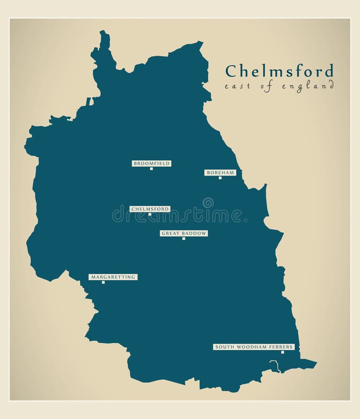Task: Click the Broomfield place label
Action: tap(152, 163)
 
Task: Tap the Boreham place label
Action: tap(220, 173)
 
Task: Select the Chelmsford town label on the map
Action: tap(150, 209)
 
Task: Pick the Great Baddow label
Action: tap(184, 233)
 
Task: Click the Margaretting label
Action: tap(113, 277)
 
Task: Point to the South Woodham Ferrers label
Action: tap(253, 347)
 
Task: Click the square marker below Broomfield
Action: tap(151, 169)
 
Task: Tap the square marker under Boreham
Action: tap(220, 178)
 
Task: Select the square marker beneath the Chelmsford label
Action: tap(150, 215)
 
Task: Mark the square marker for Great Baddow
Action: tap(184, 238)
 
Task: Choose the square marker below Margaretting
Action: tap(103, 282)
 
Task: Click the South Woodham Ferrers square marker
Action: tap(282, 352)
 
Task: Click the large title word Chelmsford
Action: tap(279, 71)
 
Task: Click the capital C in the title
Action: tap(231, 71)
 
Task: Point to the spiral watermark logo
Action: tap(208, 203)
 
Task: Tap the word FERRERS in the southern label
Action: tap(281, 347)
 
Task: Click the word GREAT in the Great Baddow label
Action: tap(169, 233)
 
